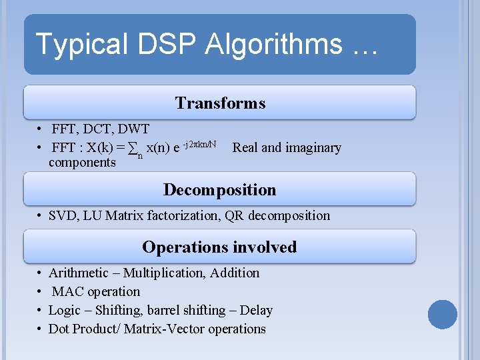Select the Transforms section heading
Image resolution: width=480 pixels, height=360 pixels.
point(220,103)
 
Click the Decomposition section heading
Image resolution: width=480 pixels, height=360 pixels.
point(219,190)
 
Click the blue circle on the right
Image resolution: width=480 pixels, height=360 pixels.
point(443,314)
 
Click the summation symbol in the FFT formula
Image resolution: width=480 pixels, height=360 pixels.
point(133,148)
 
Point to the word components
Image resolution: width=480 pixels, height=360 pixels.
point(82,163)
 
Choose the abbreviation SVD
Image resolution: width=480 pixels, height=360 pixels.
point(62,215)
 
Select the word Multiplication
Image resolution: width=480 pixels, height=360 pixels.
point(157,273)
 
